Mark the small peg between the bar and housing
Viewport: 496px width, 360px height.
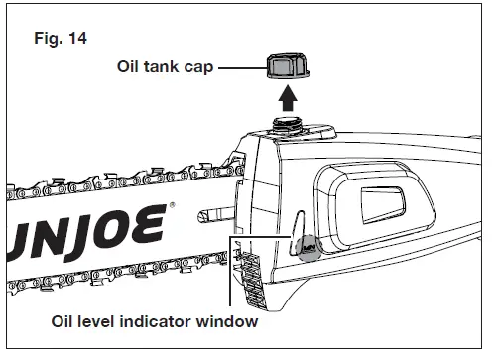coord(211,211)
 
